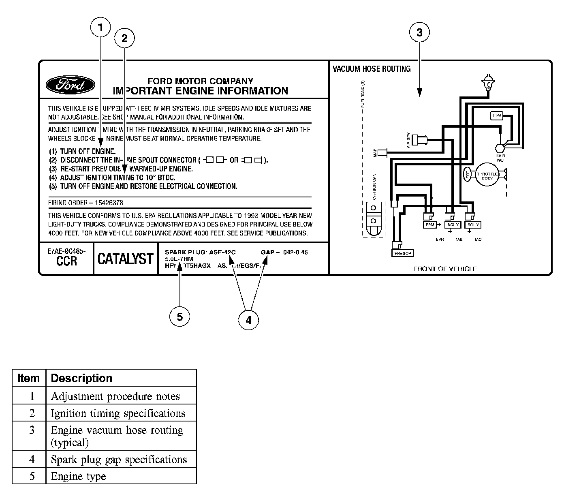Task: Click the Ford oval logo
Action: pyautogui.click(x=70, y=85)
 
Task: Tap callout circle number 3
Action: pyautogui.click(x=419, y=33)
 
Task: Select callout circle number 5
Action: pyautogui.click(x=179, y=317)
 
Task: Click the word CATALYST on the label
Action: pyautogui.click(x=126, y=259)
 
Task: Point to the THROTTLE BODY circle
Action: pyautogui.click(x=487, y=175)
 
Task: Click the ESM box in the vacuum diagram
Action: pyautogui.click(x=429, y=225)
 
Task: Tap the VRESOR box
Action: pyautogui.click(x=402, y=253)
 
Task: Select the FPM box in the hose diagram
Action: pyautogui.click(x=497, y=116)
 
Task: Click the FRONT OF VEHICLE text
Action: pyautogui.click(x=445, y=269)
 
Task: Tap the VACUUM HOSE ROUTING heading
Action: pyautogui.click(x=372, y=69)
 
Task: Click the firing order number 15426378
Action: pyautogui.click(x=108, y=203)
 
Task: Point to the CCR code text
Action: pyautogui.click(x=66, y=261)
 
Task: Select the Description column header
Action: pyautogui.click(x=82, y=379)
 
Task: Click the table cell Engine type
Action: pyautogui.click(x=78, y=477)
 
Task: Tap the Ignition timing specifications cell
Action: pyautogui.click(x=118, y=413)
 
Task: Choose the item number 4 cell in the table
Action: pyautogui.click(x=32, y=460)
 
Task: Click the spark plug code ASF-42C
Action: pyautogui.click(x=222, y=252)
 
